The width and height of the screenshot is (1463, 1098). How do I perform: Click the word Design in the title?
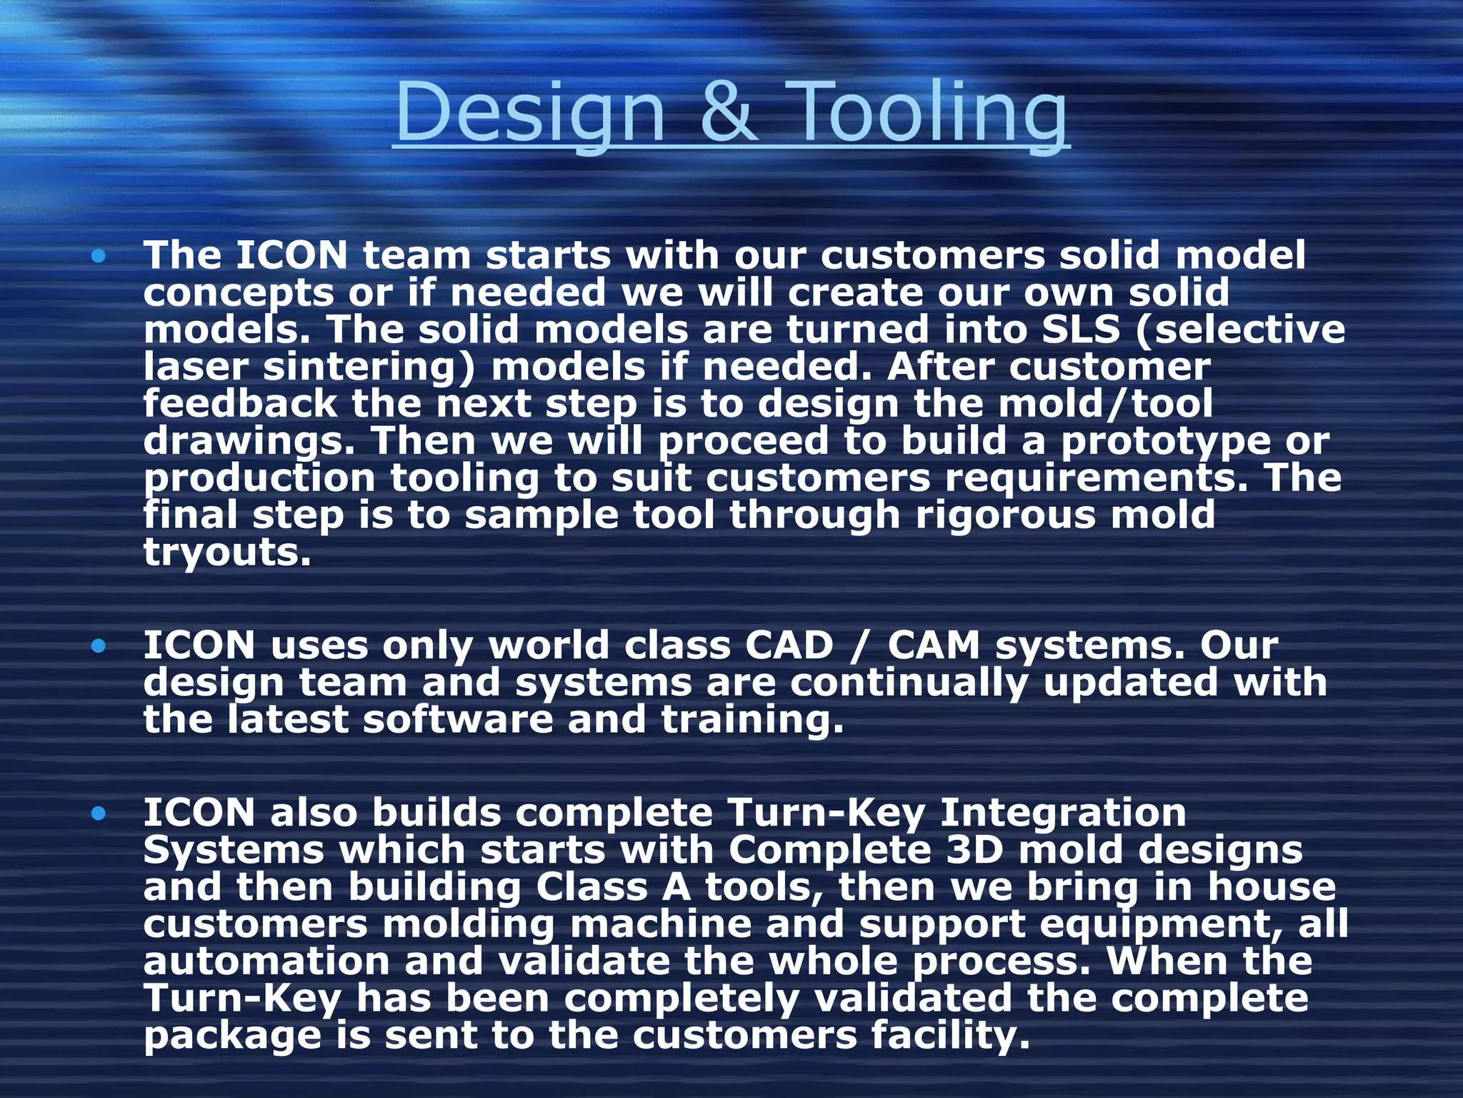coord(529,113)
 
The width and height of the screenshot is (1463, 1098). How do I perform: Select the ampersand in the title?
coord(719,113)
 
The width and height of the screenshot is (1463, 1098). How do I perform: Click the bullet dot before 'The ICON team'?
coord(99,256)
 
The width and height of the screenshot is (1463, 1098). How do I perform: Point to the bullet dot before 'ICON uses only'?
coord(99,646)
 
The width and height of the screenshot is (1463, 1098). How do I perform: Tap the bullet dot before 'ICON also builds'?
coord(99,813)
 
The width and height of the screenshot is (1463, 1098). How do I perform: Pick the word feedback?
coord(239,404)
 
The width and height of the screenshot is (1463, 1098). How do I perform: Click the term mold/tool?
coord(1105,404)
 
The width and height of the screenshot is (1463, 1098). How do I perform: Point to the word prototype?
coord(1165,442)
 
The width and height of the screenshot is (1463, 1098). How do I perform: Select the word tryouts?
coord(227,553)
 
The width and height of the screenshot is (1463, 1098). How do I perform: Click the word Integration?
coord(1062,813)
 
